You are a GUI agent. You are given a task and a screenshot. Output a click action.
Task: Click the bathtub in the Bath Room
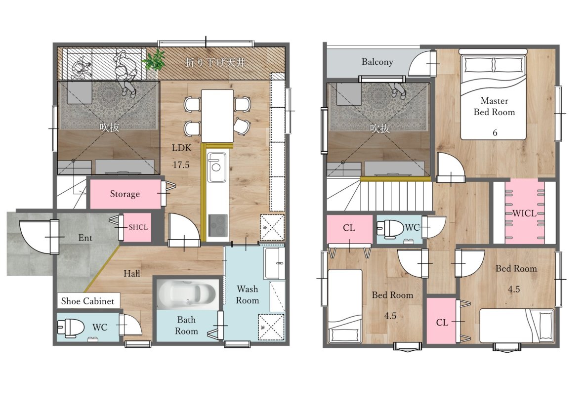point(187,294)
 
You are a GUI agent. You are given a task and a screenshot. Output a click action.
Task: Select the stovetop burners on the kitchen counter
point(217,225)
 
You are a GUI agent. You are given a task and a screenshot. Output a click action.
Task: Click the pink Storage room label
point(125,194)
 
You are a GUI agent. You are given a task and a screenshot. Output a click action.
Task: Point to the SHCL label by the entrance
point(138,227)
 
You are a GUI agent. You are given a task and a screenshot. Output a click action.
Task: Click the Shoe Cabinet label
point(87,301)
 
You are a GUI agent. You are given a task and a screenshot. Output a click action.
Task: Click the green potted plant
point(155,60)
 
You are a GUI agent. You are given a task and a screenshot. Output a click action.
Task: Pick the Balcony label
point(377,62)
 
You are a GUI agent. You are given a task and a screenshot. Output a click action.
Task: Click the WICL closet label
point(525,213)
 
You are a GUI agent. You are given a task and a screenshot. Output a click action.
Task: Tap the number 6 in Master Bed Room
point(495,132)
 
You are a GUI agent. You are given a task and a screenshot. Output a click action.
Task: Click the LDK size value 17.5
point(181,165)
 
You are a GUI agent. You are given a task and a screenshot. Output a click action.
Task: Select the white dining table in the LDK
point(217,116)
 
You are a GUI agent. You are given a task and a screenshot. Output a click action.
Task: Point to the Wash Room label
point(248,294)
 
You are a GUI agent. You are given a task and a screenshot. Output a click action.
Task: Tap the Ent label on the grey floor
point(85,238)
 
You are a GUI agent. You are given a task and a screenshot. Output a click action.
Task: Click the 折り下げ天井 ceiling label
point(215,62)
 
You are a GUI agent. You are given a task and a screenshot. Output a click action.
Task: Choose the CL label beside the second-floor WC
point(349,228)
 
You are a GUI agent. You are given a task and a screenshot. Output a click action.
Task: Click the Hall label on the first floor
point(132,274)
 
